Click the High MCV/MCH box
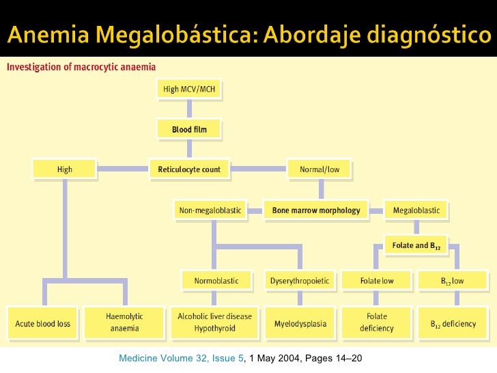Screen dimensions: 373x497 point(189,89)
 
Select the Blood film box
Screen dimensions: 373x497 point(189,128)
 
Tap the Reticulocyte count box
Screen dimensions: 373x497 point(189,169)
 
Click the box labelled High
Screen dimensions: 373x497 point(64,169)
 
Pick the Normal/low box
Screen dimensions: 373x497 point(319,169)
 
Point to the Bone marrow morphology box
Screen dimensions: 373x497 point(315,210)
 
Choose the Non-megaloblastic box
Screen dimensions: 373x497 point(210,210)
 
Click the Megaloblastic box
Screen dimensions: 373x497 point(416,210)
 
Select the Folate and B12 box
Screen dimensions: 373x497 point(416,245)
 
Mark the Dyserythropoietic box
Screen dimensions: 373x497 point(300,280)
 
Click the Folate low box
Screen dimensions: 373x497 point(377,280)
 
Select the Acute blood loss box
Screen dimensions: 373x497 point(43,323)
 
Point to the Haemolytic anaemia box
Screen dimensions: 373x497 point(124,322)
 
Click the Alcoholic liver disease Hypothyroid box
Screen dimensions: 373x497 point(214,322)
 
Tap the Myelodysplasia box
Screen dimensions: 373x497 point(300,323)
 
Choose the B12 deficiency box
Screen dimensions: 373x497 point(453,323)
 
